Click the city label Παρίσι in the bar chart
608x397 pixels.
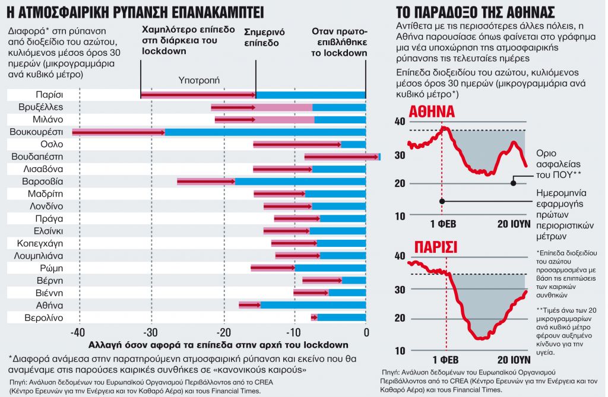click(x=49, y=94)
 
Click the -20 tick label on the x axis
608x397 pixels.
click(x=224, y=332)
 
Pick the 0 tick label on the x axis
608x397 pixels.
click(x=366, y=332)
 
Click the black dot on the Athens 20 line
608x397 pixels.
click(x=514, y=183)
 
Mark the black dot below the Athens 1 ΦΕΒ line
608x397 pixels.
click(x=442, y=201)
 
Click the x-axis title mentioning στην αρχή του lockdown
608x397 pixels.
click(x=218, y=345)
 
